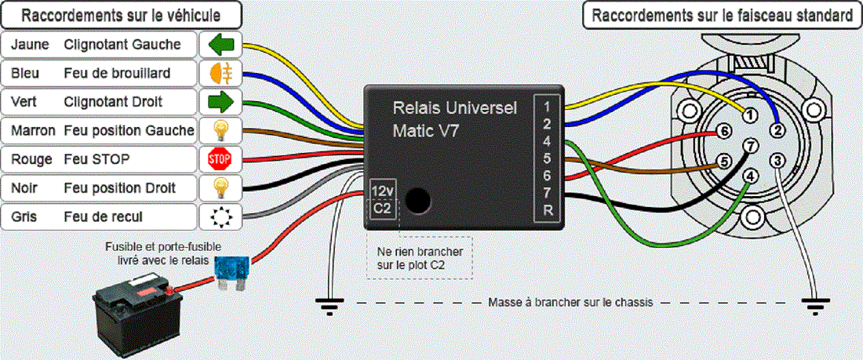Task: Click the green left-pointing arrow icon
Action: pos(220,44)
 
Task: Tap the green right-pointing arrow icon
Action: pos(220,101)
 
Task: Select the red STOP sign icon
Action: pos(220,159)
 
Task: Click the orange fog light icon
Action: pos(220,73)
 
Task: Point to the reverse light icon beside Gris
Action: pos(220,216)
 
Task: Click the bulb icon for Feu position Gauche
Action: pos(220,130)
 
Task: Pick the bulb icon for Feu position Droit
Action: pos(220,188)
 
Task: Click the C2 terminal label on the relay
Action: pos(382,209)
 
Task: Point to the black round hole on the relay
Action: pos(418,201)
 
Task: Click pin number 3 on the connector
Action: pos(777,162)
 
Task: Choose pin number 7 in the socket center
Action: pos(751,146)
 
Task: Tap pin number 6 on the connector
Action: pos(725,132)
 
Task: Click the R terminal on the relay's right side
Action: pos(547,209)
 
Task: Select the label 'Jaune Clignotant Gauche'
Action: pos(100,44)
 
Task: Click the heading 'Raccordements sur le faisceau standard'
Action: pos(722,15)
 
